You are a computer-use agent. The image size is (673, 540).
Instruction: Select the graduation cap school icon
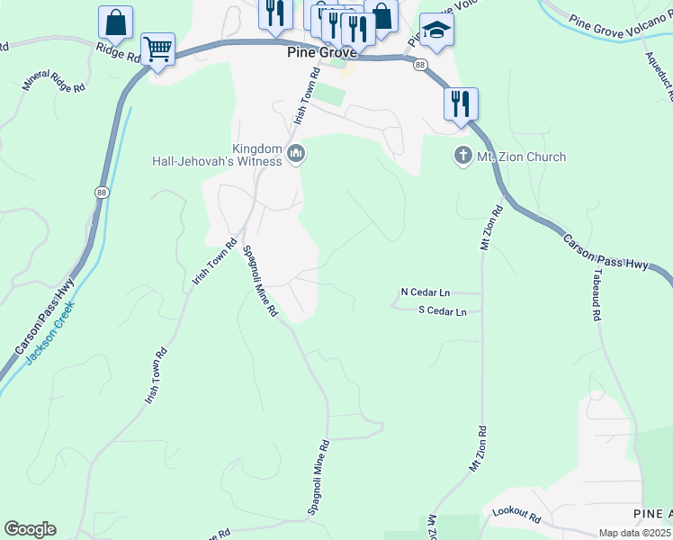[x=436, y=30]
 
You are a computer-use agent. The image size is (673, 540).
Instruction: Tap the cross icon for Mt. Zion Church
[x=462, y=157]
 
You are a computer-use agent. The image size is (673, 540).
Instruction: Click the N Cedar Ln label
[x=425, y=292]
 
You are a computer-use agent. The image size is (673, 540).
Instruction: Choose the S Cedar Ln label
[x=442, y=311]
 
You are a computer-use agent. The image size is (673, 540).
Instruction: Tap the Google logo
[x=30, y=529]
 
